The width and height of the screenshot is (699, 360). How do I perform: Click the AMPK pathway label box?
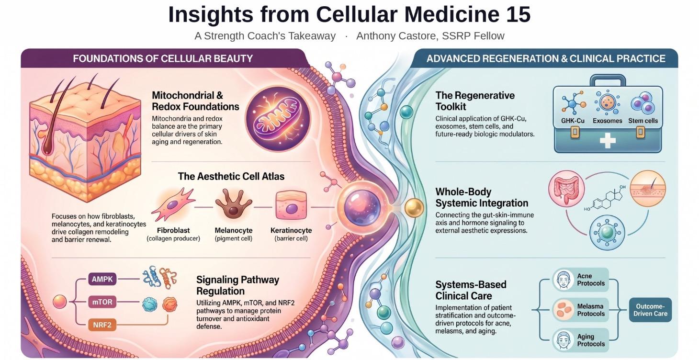pos(102,279)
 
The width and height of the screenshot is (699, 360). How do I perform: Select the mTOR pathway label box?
pos(102,302)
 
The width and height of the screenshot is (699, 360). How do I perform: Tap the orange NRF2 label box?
pos(102,325)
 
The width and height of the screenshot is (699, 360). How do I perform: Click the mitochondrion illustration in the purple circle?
pos(277,118)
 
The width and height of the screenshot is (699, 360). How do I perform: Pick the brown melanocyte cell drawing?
pos(234,205)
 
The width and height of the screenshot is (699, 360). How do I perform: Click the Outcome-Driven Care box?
pos(650,310)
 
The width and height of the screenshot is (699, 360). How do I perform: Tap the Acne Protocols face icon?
pos(563,280)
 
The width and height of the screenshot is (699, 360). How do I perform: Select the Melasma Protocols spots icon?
pos(563,310)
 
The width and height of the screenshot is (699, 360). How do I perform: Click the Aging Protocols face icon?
pos(563,340)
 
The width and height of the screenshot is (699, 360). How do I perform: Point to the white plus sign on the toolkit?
pos(608,141)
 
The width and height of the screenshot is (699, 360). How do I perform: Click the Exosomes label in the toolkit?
pos(607,121)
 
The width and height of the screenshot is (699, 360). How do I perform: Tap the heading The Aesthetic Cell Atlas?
pos(231,177)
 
